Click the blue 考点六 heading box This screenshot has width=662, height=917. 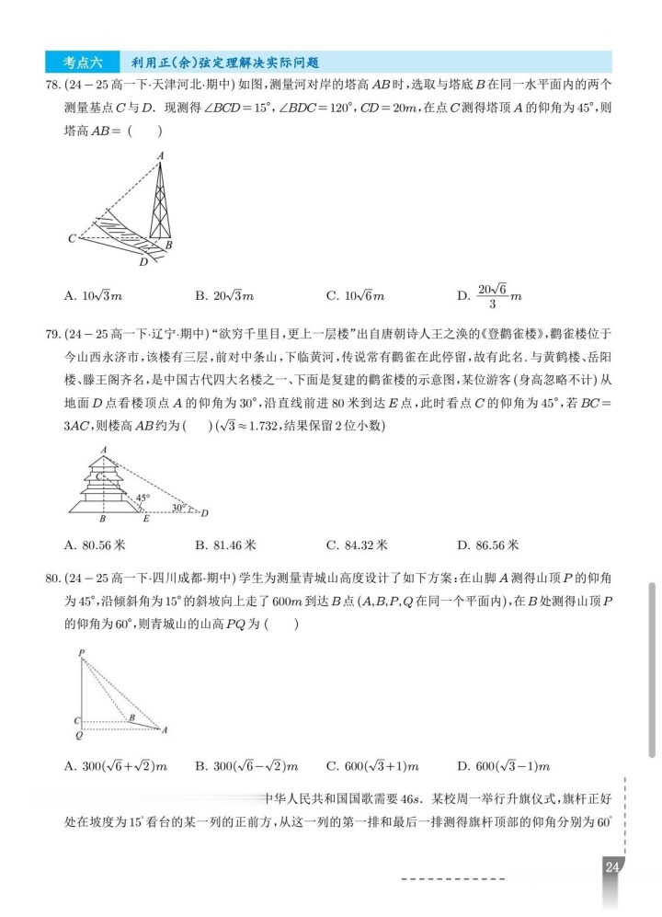tap(83, 63)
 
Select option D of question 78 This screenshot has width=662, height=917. tap(491, 295)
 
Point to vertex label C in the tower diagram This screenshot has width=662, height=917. tap(72, 239)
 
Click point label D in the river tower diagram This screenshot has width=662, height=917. tap(143, 262)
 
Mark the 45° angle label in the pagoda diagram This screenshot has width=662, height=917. tap(143, 498)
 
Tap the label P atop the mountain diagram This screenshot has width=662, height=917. tap(81, 653)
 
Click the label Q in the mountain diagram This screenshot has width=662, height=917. tap(79, 736)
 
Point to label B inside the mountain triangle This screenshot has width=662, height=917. tap(131, 717)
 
